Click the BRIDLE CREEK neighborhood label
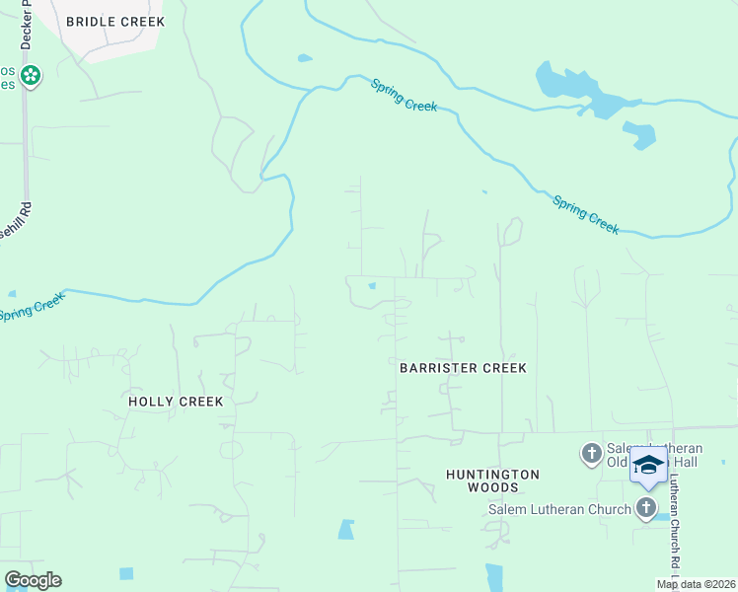pos(115,21)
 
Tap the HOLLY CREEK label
pos(176,402)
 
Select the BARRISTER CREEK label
pos(463,368)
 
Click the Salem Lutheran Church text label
pos(559,509)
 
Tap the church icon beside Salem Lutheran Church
pos(645,508)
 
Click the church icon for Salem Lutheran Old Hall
pos(591,453)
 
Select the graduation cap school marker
pos(648,465)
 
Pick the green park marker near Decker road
pos(31,75)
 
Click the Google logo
pos(33,580)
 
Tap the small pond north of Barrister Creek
pos(371,286)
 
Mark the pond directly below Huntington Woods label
pos(494,576)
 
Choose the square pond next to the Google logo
pos(126,573)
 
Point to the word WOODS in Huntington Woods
pos(492,487)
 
